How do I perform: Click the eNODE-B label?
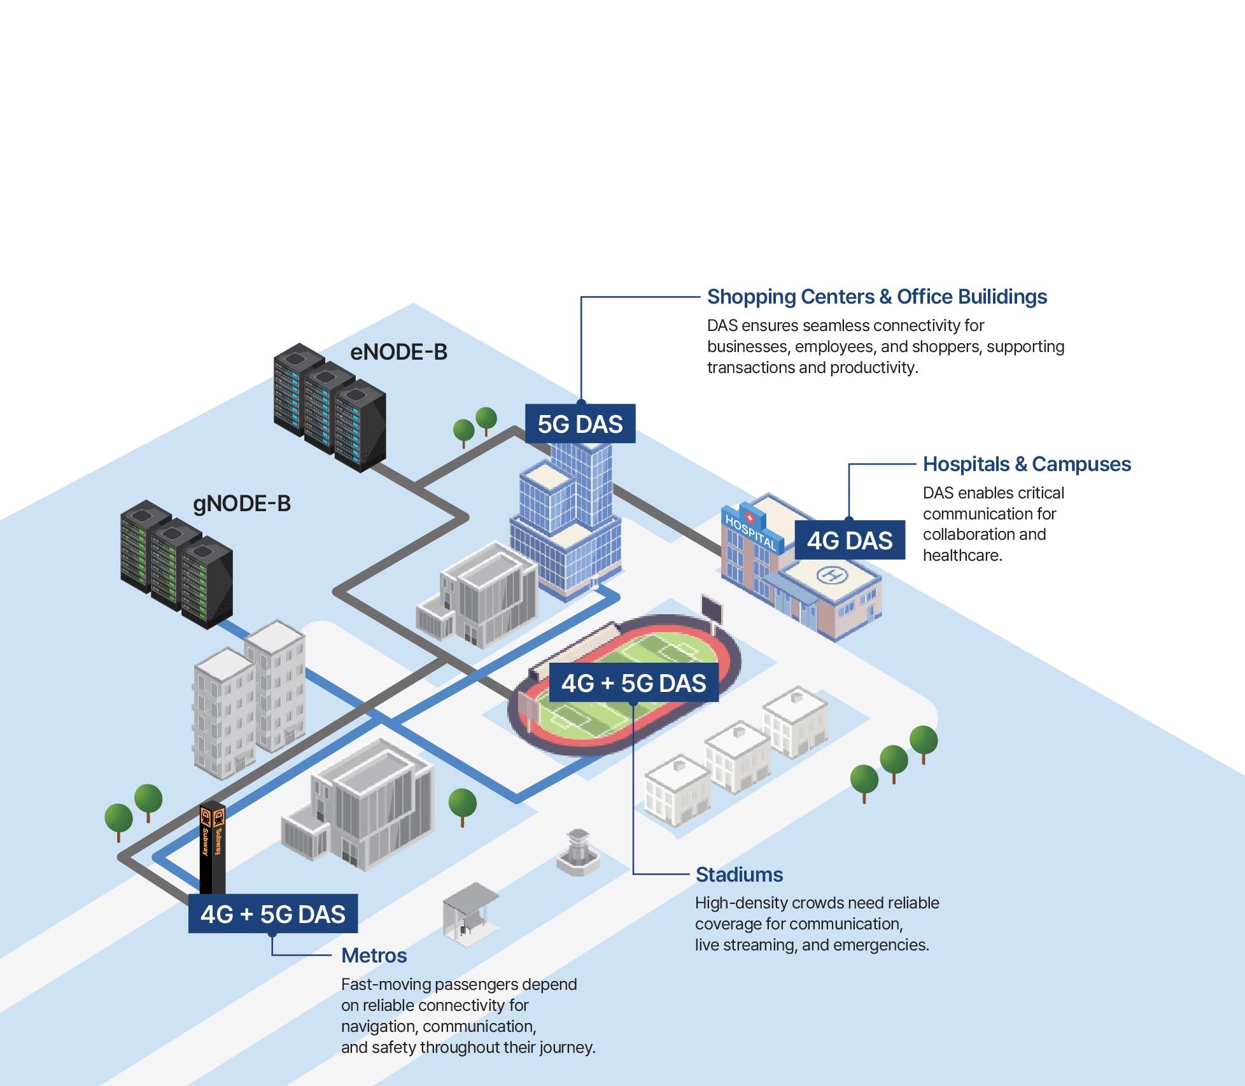[398, 352]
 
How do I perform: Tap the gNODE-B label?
[241, 504]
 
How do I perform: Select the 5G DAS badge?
[580, 424]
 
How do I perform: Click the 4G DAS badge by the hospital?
[849, 540]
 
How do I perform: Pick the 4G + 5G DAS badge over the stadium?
[633, 683]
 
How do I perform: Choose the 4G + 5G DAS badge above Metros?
[272, 914]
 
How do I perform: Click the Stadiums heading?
[739, 875]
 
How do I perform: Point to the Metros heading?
[374, 956]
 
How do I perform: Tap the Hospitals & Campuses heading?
[1027, 464]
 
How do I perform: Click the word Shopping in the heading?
[758, 297]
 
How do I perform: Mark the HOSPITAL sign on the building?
[750, 532]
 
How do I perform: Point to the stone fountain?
[577, 853]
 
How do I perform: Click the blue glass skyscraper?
[566, 516]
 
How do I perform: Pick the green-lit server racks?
[176, 564]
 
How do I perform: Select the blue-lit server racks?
[329, 407]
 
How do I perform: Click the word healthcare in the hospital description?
[962, 555]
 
